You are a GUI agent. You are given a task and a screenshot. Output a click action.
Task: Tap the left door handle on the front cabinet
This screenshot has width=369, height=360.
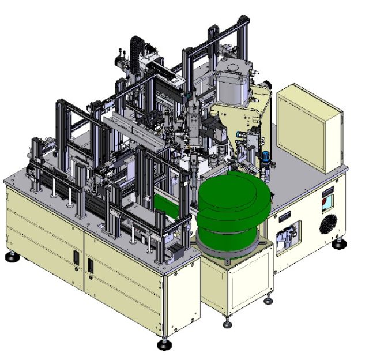tap(77, 261)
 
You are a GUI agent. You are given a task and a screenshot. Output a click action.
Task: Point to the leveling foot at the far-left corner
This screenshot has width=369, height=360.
tap(11, 256)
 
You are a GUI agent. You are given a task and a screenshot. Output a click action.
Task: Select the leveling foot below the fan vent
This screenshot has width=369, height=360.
tap(338, 244)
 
